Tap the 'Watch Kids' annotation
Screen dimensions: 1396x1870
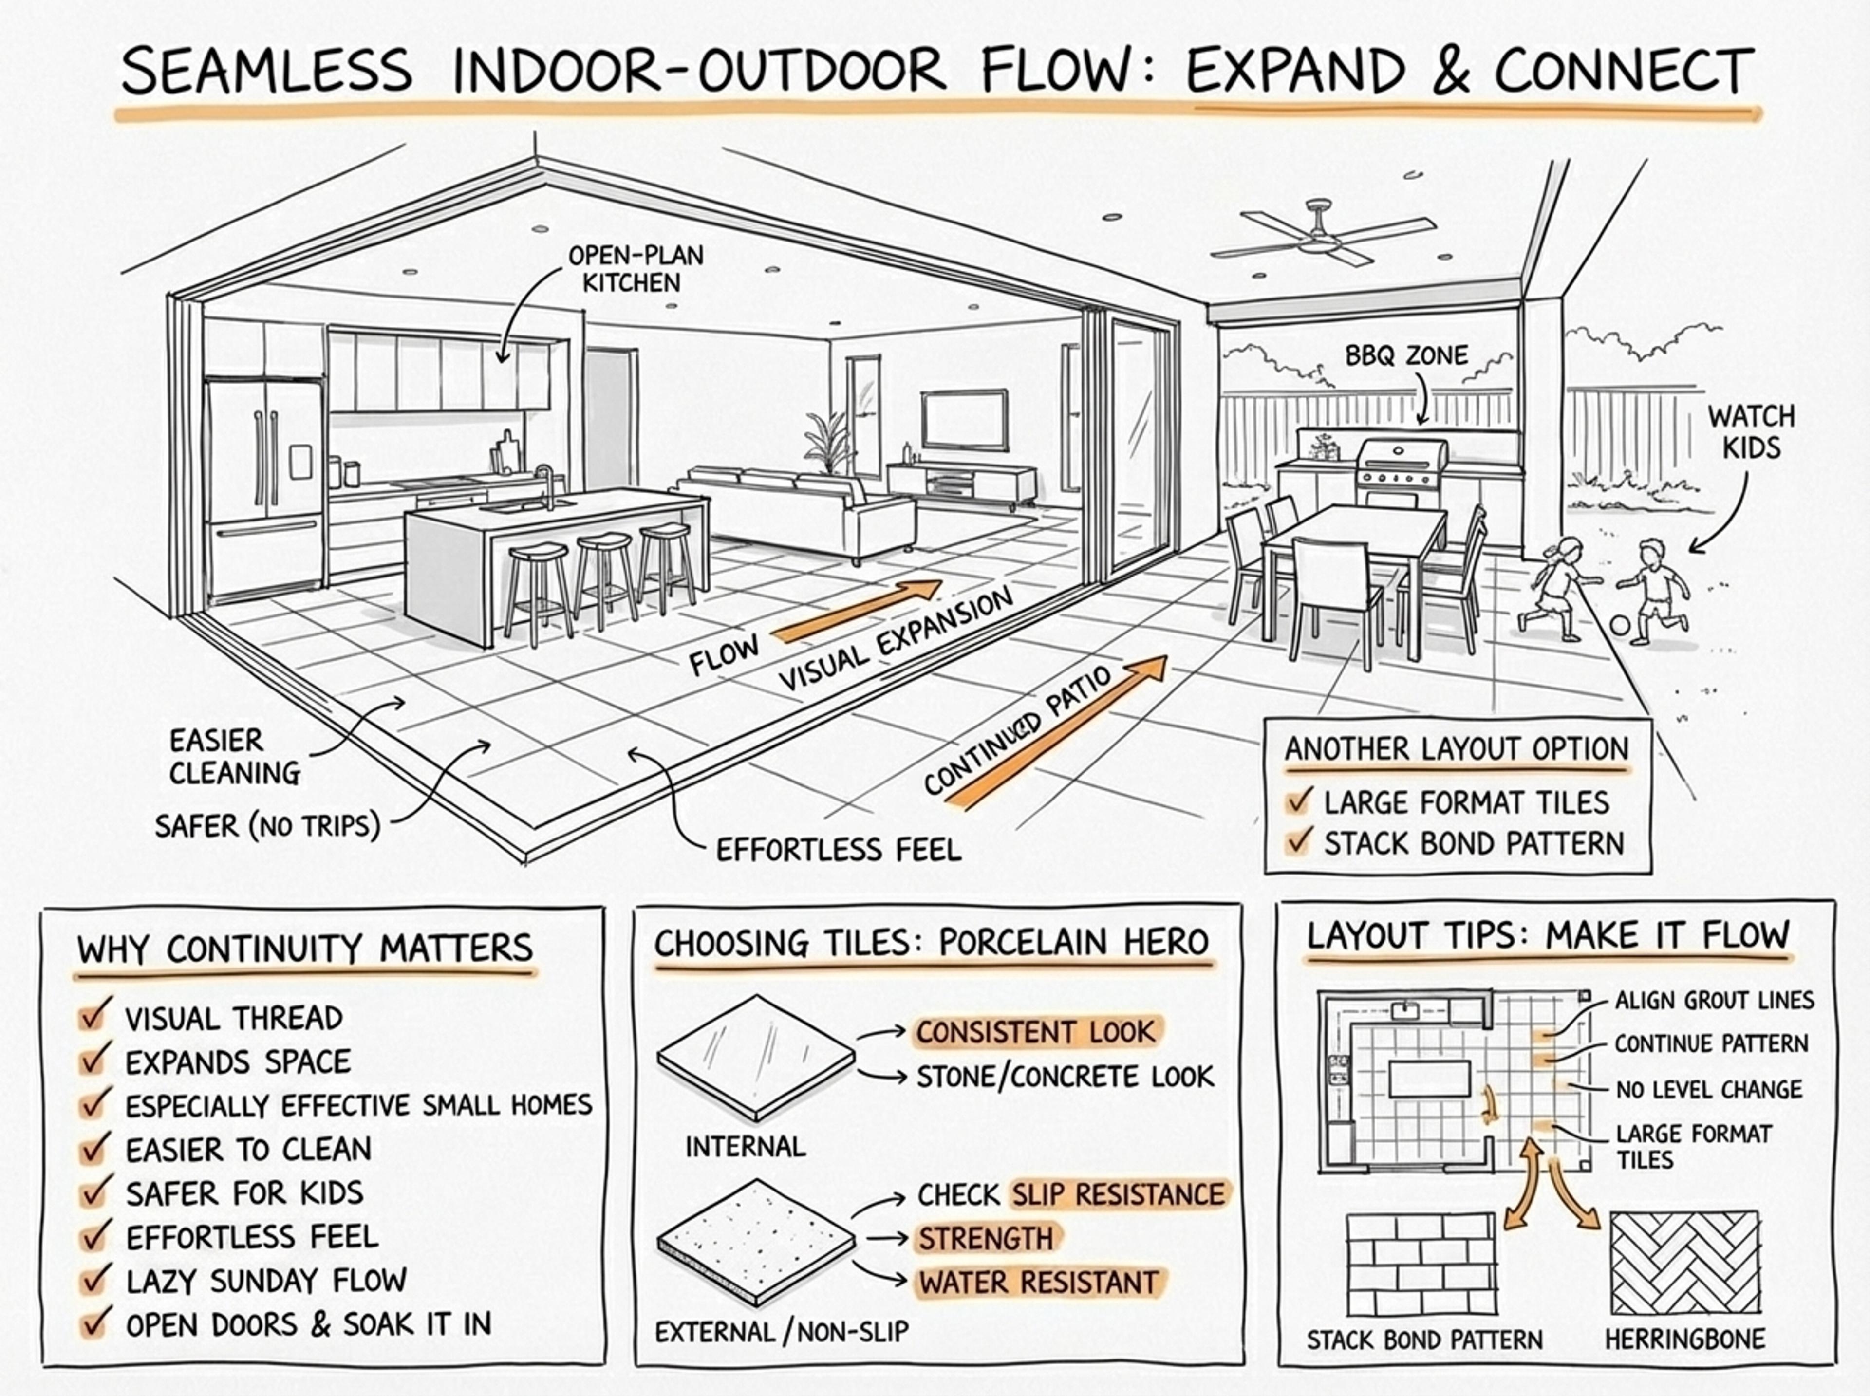pos(1751,432)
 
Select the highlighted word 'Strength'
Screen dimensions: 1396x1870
pos(985,1239)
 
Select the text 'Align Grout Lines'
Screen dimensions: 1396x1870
pos(1714,1001)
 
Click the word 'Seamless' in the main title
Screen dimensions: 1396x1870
pos(267,71)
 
